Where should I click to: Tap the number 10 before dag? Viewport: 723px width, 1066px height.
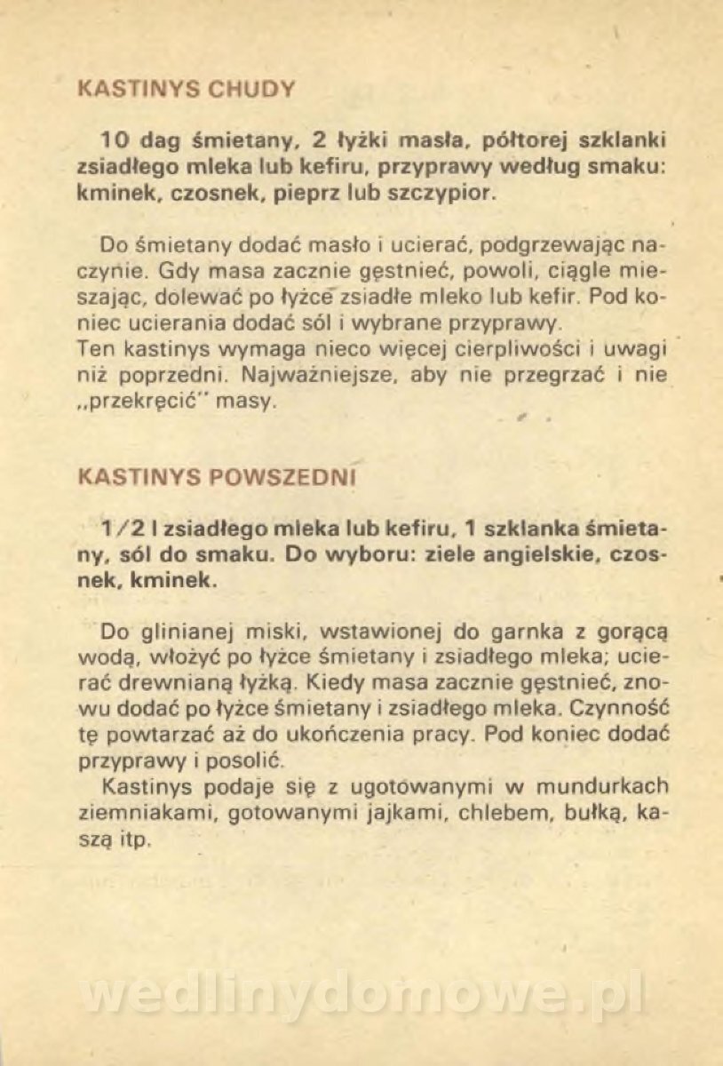[x=115, y=140]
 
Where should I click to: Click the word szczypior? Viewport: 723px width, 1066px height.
[x=441, y=192]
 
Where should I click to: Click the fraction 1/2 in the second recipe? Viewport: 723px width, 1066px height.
[x=121, y=528]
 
